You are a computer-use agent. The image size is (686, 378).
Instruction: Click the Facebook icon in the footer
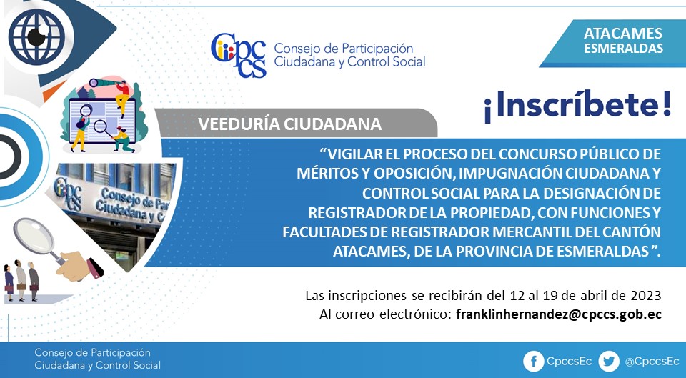click(x=533, y=362)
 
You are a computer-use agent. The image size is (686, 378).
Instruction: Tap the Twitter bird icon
click(x=609, y=362)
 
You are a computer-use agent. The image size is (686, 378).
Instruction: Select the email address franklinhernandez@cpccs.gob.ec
click(x=559, y=314)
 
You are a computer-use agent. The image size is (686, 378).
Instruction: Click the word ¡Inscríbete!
click(x=577, y=106)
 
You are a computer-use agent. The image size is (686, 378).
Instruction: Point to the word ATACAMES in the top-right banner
click(x=623, y=34)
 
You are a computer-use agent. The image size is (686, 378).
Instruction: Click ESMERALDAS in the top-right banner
click(x=623, y=48)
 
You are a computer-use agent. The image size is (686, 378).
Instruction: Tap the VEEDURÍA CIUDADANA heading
click(x=289, y=124)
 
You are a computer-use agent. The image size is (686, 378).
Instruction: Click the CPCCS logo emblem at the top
click(x=239, y=55)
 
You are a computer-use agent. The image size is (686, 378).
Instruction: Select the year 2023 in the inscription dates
click(x=646, y=296)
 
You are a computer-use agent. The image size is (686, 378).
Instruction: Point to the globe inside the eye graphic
click(x=36, y=36)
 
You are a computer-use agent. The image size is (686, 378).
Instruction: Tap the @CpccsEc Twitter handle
click(x=652, y=362)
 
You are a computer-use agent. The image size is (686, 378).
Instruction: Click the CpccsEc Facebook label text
click(x=569, y=362)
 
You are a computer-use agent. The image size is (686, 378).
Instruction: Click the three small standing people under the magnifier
click(x=21, y=281)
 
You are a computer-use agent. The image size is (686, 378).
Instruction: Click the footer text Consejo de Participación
click(x=92, y=352)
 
